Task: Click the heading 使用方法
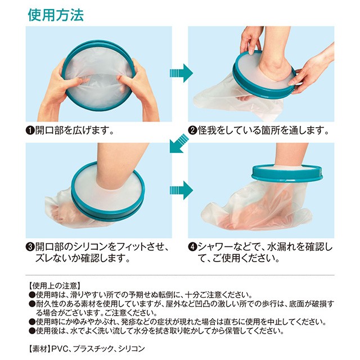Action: (56, 15)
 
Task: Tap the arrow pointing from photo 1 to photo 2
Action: (181, 73)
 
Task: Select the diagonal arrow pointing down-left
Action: (179, 143)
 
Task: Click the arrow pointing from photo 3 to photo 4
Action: (181, 190)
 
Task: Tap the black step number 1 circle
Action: (30, 131)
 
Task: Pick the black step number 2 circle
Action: (192, 131)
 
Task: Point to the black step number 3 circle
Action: (30, 247)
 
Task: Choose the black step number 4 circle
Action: (192, 247)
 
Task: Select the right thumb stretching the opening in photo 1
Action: (125, 81)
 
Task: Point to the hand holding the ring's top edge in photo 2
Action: (251, 39)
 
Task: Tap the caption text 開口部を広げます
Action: (75, 131)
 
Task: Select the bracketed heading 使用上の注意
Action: (54, 286)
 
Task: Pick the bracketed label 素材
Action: (39, 349)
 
